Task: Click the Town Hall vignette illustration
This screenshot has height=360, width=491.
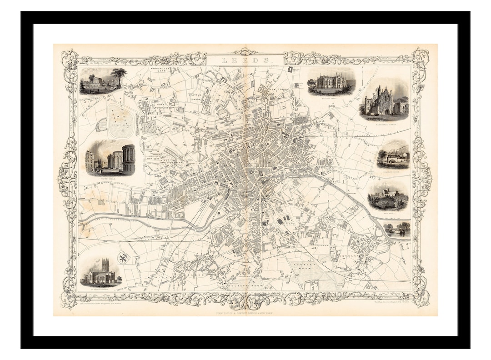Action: pyautogui.click(x=110, y=157)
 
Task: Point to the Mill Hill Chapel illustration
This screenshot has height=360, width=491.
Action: pyautogui.click(x=331, y=82)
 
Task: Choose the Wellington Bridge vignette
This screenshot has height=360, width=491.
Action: pyautogui.click(x=393, y=155)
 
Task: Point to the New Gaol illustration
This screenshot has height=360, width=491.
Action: pyautogui.click(x=388, y=196)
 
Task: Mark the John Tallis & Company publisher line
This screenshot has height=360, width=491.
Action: pyautogui.click(x=245, y=313)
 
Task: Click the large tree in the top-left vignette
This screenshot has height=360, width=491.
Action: pyautogui.click(x=119, y=76)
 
